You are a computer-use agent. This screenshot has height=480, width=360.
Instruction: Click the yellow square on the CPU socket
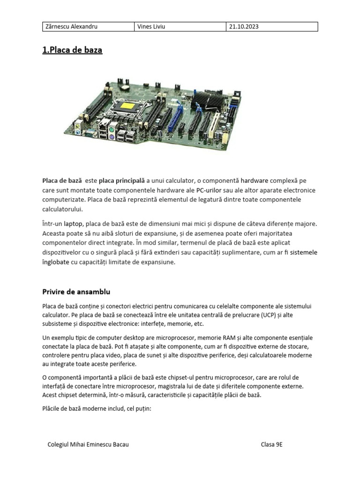point(128,105)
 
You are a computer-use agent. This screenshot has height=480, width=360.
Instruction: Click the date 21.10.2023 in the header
point(244,27)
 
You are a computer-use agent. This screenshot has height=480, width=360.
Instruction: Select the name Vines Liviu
point(151,27)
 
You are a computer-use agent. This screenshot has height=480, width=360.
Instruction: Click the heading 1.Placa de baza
point(72,50)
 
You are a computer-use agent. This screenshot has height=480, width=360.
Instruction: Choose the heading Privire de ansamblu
point(76,292)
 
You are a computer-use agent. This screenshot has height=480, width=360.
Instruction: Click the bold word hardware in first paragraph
point(255,180)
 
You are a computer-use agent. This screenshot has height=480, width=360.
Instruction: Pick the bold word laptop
point(73,225)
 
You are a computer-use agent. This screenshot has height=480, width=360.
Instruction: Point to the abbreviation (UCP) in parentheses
point(269,315)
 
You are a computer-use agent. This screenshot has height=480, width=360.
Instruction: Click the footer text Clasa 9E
point(272,444)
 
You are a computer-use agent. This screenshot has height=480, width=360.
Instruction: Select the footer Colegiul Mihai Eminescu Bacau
point(88,444)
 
